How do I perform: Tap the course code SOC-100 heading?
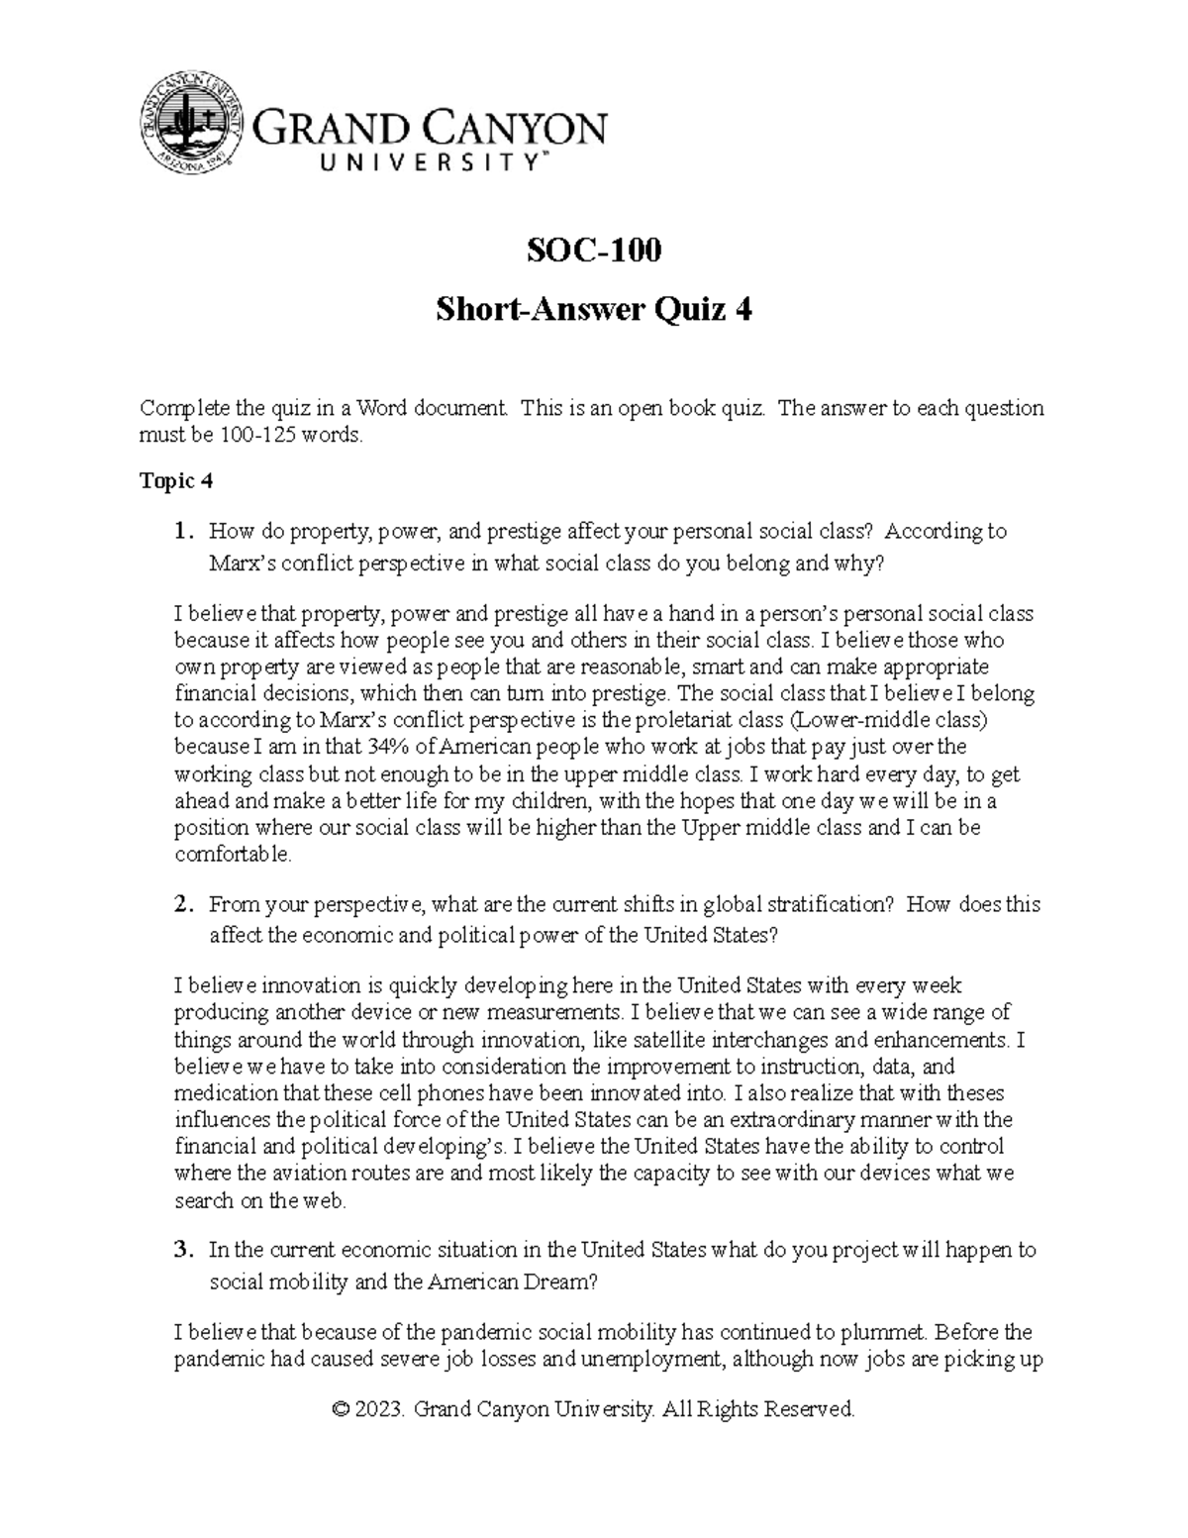click(593, 252)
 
